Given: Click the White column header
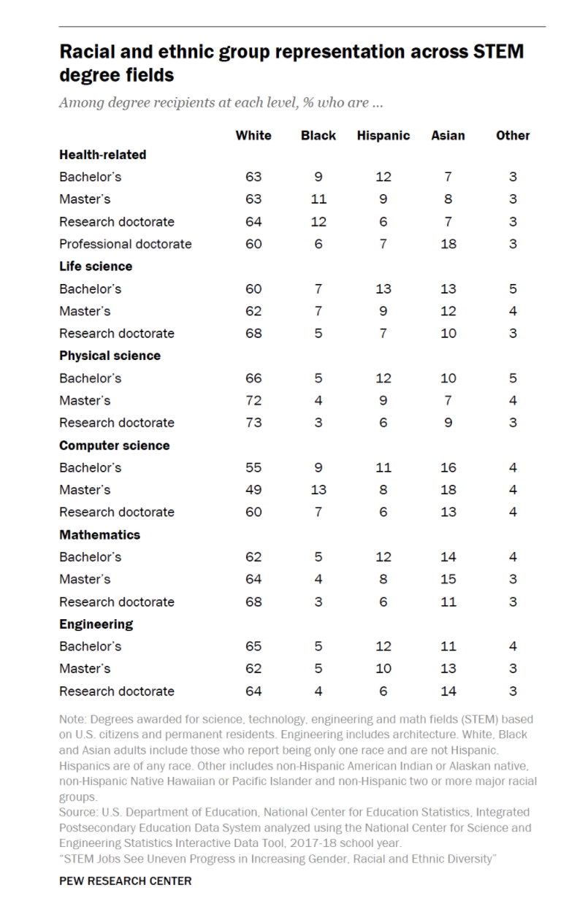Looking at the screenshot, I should [253, 135].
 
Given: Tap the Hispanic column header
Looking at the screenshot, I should [383, 135].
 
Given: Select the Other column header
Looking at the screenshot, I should [513, 135].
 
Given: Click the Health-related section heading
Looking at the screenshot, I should [102, 155].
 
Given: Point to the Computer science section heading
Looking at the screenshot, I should [114, 445].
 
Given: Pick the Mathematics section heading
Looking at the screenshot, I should [99, 534].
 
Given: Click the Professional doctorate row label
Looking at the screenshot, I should [125, 244].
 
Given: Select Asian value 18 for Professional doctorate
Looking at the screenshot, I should [448, 244].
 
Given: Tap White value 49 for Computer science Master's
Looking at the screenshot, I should [253, 490].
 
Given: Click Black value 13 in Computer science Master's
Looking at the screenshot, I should [318, 490].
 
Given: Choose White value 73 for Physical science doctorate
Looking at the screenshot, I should [253, 423].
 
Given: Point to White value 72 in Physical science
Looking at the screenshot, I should [253, 400].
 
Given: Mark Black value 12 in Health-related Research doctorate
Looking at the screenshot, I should [318, 221].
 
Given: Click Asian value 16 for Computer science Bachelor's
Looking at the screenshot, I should [448, 467].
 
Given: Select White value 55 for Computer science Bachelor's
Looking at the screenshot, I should [253, 467].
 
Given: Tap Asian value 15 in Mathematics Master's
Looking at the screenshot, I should [448, 579].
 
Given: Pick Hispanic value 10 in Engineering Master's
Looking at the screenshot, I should [383, 668].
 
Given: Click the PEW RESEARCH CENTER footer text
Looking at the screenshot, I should [125, 881].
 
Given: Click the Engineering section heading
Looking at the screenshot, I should [96, 624].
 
